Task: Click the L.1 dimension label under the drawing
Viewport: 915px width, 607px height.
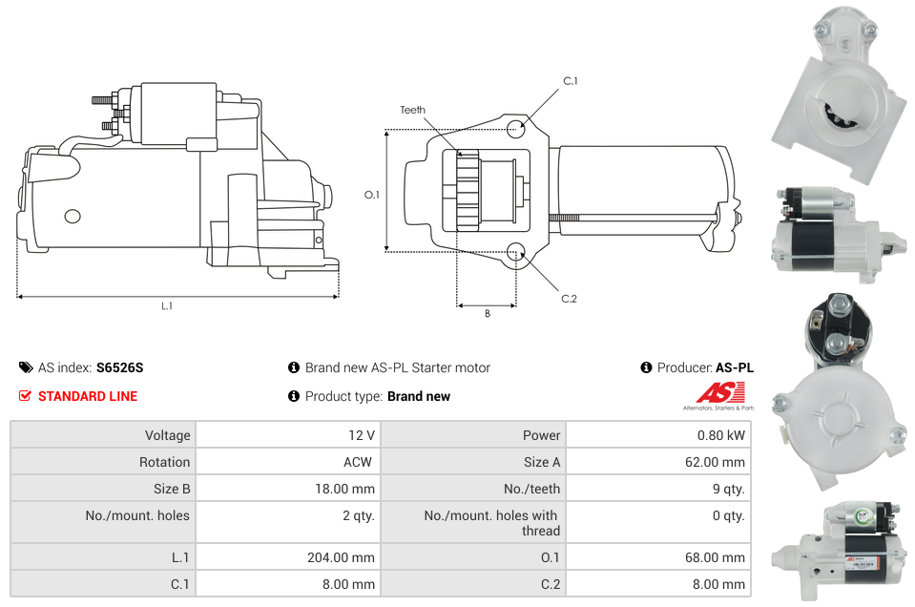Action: (167, 306)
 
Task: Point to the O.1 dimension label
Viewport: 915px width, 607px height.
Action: (372, 195)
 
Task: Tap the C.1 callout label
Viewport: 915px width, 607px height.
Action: (570, 81)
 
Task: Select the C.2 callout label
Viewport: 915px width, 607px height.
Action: (569, 299)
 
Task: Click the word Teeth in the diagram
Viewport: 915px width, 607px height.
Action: (412, 110)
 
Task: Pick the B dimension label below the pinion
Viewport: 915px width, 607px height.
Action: (487, 314)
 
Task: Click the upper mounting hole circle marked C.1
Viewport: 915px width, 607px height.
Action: (515, 129)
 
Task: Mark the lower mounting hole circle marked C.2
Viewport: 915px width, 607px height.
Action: (515, 252)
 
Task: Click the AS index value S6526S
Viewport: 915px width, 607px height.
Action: (119, 367)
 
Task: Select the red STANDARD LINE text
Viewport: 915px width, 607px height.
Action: (88, 396)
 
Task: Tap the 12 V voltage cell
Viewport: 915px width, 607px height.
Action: (361, 435)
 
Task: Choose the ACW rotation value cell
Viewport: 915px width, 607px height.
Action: (359, 462)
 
